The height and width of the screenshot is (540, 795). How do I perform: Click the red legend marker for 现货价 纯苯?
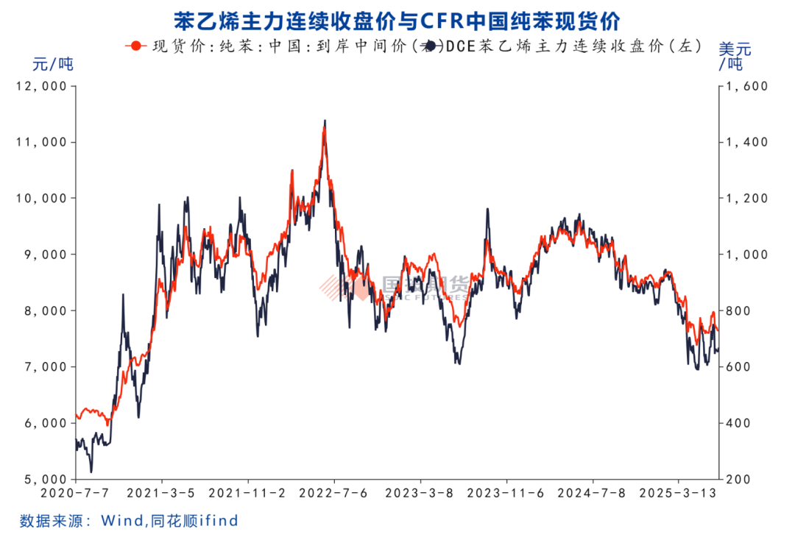[x=133, y=46]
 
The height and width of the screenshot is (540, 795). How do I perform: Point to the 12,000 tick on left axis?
[x=46, y=86]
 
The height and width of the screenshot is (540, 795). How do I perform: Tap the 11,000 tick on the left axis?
[x=46, y=142]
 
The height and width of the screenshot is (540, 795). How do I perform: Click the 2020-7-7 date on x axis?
[x=76, y=493]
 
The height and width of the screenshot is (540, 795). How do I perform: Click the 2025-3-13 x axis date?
[x=679, y=493]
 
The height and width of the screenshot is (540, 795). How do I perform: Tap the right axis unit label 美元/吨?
[x=734, y=56]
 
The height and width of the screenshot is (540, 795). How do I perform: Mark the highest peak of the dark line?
[x=325, y=121]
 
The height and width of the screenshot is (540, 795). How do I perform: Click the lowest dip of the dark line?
[x=91, y=472]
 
